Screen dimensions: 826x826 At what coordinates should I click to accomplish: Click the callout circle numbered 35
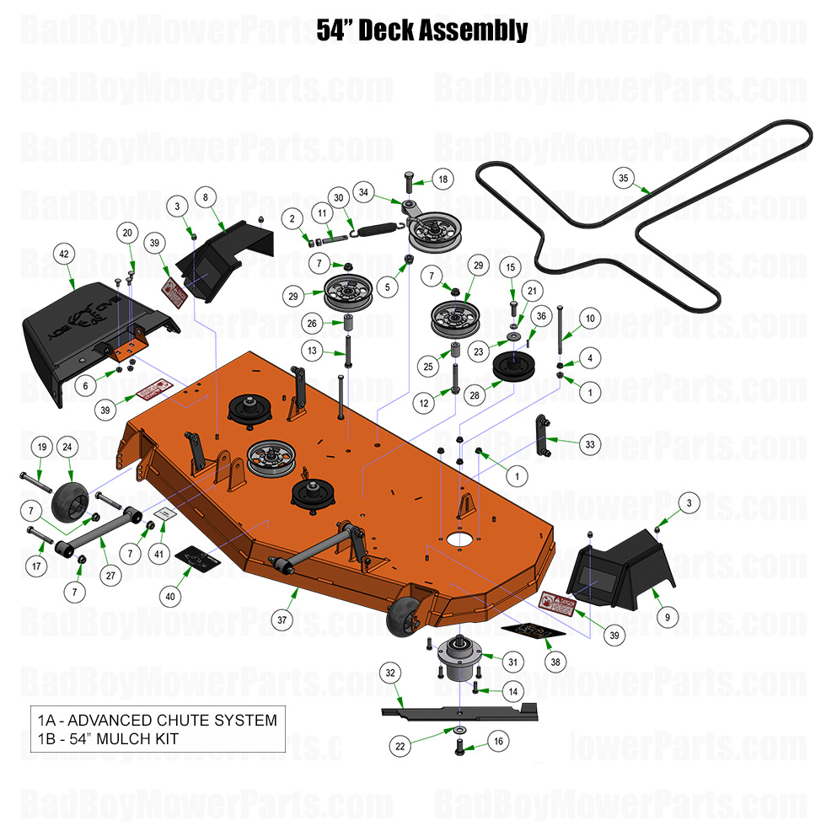624,178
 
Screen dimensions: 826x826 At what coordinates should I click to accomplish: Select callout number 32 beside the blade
389,673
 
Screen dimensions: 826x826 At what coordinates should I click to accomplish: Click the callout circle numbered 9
667,617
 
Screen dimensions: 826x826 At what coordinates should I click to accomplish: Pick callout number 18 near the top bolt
442,179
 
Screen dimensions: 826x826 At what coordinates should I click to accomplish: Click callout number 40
171,596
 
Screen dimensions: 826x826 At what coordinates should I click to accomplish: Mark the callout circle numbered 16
497,743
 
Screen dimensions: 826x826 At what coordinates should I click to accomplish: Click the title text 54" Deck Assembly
422,31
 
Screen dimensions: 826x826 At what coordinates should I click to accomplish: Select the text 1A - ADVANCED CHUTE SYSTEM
157,721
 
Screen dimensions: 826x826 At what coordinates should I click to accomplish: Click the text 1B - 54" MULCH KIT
108,739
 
